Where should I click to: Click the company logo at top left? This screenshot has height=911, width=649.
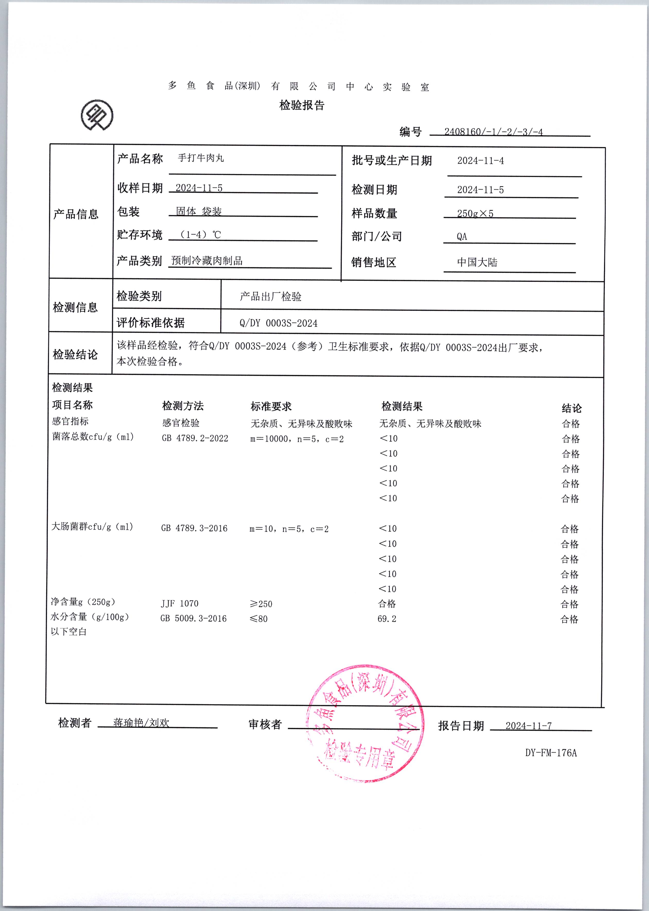coord(97,115)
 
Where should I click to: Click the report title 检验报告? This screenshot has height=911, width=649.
coord(302,105)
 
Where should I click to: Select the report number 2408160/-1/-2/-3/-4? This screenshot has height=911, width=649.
coord(493,132)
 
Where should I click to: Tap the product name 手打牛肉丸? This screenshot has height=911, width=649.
coord(201,158)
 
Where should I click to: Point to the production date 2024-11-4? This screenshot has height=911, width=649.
coord(480,161)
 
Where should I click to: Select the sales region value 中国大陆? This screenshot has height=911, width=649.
coord(477,262)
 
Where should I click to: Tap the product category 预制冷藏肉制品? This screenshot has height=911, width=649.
coord(207,261)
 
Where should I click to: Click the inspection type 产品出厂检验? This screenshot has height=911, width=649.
coord(271,296)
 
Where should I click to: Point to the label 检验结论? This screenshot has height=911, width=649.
coord(75,354)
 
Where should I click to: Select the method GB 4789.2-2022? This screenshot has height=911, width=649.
coord(195,439)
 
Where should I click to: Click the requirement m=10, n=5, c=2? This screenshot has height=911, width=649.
coord(289,529)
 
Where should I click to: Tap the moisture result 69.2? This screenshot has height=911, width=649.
coord(387,619)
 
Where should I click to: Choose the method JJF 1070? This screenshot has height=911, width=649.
coord(179,604)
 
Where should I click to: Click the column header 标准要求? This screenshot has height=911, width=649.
coord(271,406)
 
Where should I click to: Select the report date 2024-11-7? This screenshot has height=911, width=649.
coord(528,726)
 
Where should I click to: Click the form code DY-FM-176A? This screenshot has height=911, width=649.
coord(551,753)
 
